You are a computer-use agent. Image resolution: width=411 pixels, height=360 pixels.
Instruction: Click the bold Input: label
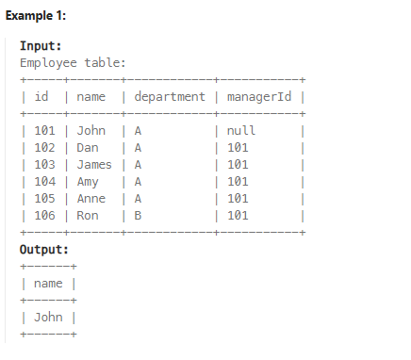[x=41, y=45]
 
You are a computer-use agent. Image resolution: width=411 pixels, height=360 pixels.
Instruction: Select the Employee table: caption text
[x=73, y=62]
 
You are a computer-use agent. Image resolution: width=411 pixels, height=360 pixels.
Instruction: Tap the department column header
[x=170, y=96]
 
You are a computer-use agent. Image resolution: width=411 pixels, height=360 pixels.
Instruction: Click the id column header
[x=41, y=96]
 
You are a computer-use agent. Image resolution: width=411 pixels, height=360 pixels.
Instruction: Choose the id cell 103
[x=44, y=164]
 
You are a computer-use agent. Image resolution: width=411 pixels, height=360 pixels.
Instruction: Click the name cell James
[x=94, y=164]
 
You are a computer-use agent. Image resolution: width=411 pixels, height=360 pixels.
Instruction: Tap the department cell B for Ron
[x=138, y=216]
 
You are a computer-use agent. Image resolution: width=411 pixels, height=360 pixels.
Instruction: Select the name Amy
[x=88, y=181]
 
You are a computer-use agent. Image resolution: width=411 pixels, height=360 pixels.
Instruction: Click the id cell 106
[x=44, y=216]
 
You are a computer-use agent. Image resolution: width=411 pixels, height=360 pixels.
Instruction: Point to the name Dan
[x=88, y=147]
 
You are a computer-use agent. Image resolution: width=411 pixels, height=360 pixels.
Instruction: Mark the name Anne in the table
[x=90, y=199]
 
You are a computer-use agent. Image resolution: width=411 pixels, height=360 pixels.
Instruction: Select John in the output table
[x=48, y=317]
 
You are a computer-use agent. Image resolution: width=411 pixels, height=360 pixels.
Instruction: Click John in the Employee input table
[x=90, y=130]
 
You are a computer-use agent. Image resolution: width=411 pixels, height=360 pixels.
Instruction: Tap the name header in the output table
[x=48, y=284]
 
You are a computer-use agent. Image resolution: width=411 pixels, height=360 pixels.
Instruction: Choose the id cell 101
[x=44, y=130]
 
